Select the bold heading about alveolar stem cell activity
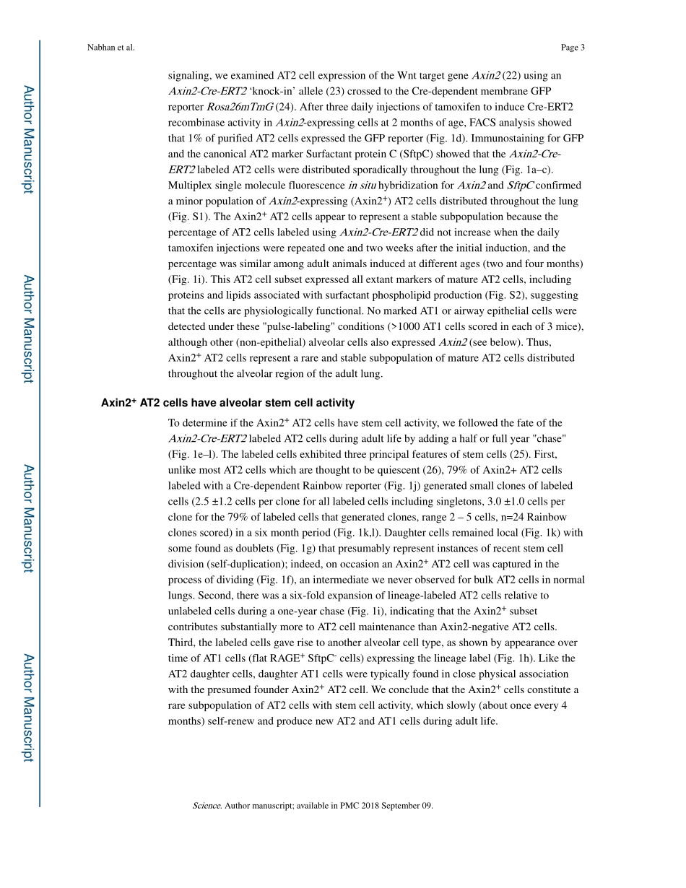[227, 403]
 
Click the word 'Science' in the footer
[207, 805]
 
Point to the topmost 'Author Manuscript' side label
[28, 139]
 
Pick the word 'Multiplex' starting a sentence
[188, 186]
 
